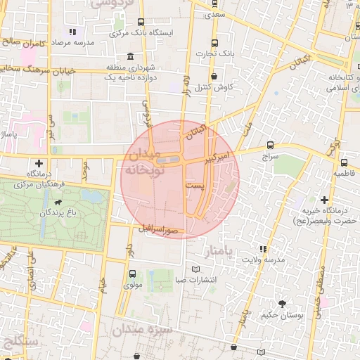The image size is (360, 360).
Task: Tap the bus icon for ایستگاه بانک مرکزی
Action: point(141,22)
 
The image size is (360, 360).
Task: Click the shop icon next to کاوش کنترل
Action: point(214,77)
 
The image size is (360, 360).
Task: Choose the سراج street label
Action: point(271,156)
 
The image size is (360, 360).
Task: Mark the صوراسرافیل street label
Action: point(162,229)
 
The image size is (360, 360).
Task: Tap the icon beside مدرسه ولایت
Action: point(262,249)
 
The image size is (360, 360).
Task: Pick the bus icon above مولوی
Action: point(132,273)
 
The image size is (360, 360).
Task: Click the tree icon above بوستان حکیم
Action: point(282,304)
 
